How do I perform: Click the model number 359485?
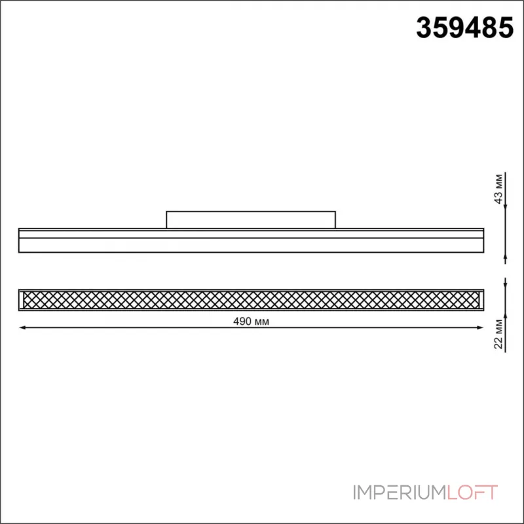[465, 28]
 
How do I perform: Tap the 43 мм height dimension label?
[499, 189]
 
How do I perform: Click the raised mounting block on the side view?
[251, 219]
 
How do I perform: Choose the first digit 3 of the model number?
[425, 28]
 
